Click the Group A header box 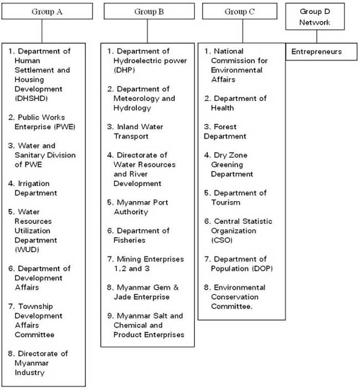coord(47,11)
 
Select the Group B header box coord(149,11)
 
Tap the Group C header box coord(240,11)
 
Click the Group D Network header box coord(315,17)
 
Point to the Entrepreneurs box coord(322,52)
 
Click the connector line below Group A coord(42,31)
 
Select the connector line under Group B coord(147,31)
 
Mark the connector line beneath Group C coord(243,31)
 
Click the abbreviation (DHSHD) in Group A coord(31,99)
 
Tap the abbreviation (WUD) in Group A coord(27,249)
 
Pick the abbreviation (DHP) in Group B coord(124,70)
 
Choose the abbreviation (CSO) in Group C coord(222,240)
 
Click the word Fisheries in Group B coord(130,240)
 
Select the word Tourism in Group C coord(226,202)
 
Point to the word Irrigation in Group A coord(34,184)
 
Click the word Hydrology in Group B coord(132,108)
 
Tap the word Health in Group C coord(223,108)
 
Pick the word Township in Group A coord(35,306)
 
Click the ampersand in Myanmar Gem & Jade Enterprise coord(176,288)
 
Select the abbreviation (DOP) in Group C coord(263,269)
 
